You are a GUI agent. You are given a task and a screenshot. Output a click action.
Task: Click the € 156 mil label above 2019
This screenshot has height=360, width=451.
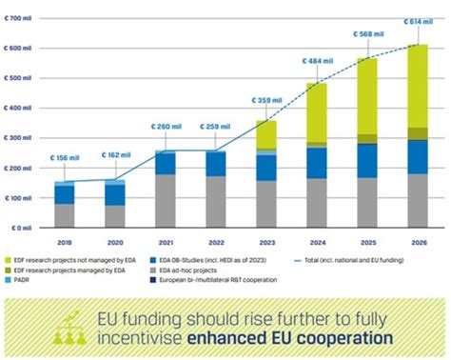65,158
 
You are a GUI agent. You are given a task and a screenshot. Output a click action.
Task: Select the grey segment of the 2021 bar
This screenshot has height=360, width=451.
165,200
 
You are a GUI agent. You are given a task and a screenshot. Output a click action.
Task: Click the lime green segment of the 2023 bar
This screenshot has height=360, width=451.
266,134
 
